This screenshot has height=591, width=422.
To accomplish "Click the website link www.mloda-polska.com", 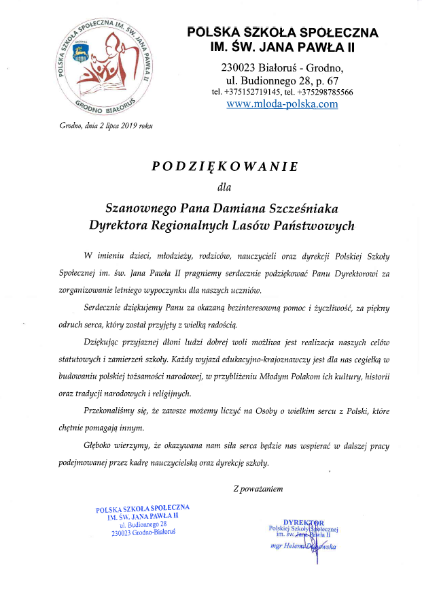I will coord(282,104).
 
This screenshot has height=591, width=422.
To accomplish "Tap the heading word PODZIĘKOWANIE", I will coord(224,166).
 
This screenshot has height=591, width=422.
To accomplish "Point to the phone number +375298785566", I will coord(325,92).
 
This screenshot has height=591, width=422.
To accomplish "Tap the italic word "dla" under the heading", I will coord(224,186).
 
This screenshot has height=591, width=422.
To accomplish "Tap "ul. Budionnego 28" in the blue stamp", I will coord(143,524).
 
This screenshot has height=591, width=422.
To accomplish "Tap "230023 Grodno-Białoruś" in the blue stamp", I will coord(143,532).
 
